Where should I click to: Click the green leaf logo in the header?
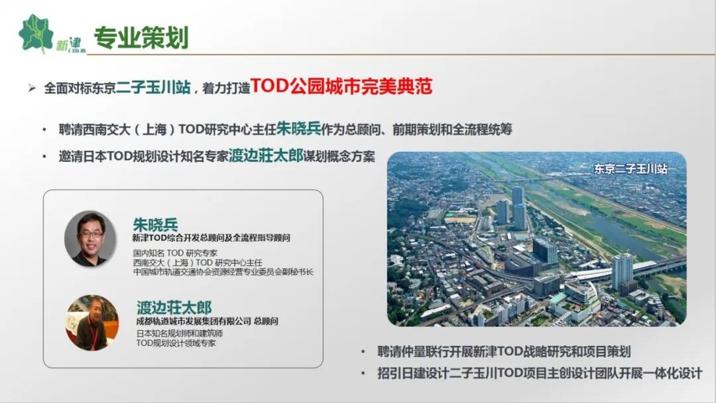tap(36, 33)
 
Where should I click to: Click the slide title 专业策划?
tap(141, 37)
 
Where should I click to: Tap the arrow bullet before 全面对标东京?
tap(32, 88)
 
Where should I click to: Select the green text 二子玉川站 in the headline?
tap(153, 87)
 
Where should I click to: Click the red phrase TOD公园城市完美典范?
tap(341, 86)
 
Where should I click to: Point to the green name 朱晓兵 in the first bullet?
tap(298, 129)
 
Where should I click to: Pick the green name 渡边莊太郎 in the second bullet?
tap(266, 155)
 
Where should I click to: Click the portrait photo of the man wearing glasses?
tap(90, 238)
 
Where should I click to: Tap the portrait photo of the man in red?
tap(92, 323)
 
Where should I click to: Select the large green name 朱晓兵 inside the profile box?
tap(155, 224)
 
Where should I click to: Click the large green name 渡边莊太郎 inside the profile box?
tap(174, 307)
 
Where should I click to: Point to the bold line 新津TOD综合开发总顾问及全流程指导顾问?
tap(211, 238)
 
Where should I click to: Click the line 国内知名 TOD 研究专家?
tap(175, 252)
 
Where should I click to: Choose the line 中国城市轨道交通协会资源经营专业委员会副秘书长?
tap(223, 272)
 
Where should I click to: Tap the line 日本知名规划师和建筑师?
tap(180, 333)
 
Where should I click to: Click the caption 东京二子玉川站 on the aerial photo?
tap(630, 169)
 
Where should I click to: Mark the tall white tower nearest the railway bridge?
tap(622, 272)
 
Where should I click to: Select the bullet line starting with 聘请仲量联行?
tap(504, 351)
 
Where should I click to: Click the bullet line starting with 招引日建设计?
tap(539, 373)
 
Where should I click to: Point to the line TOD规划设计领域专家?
tap(176, 343)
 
